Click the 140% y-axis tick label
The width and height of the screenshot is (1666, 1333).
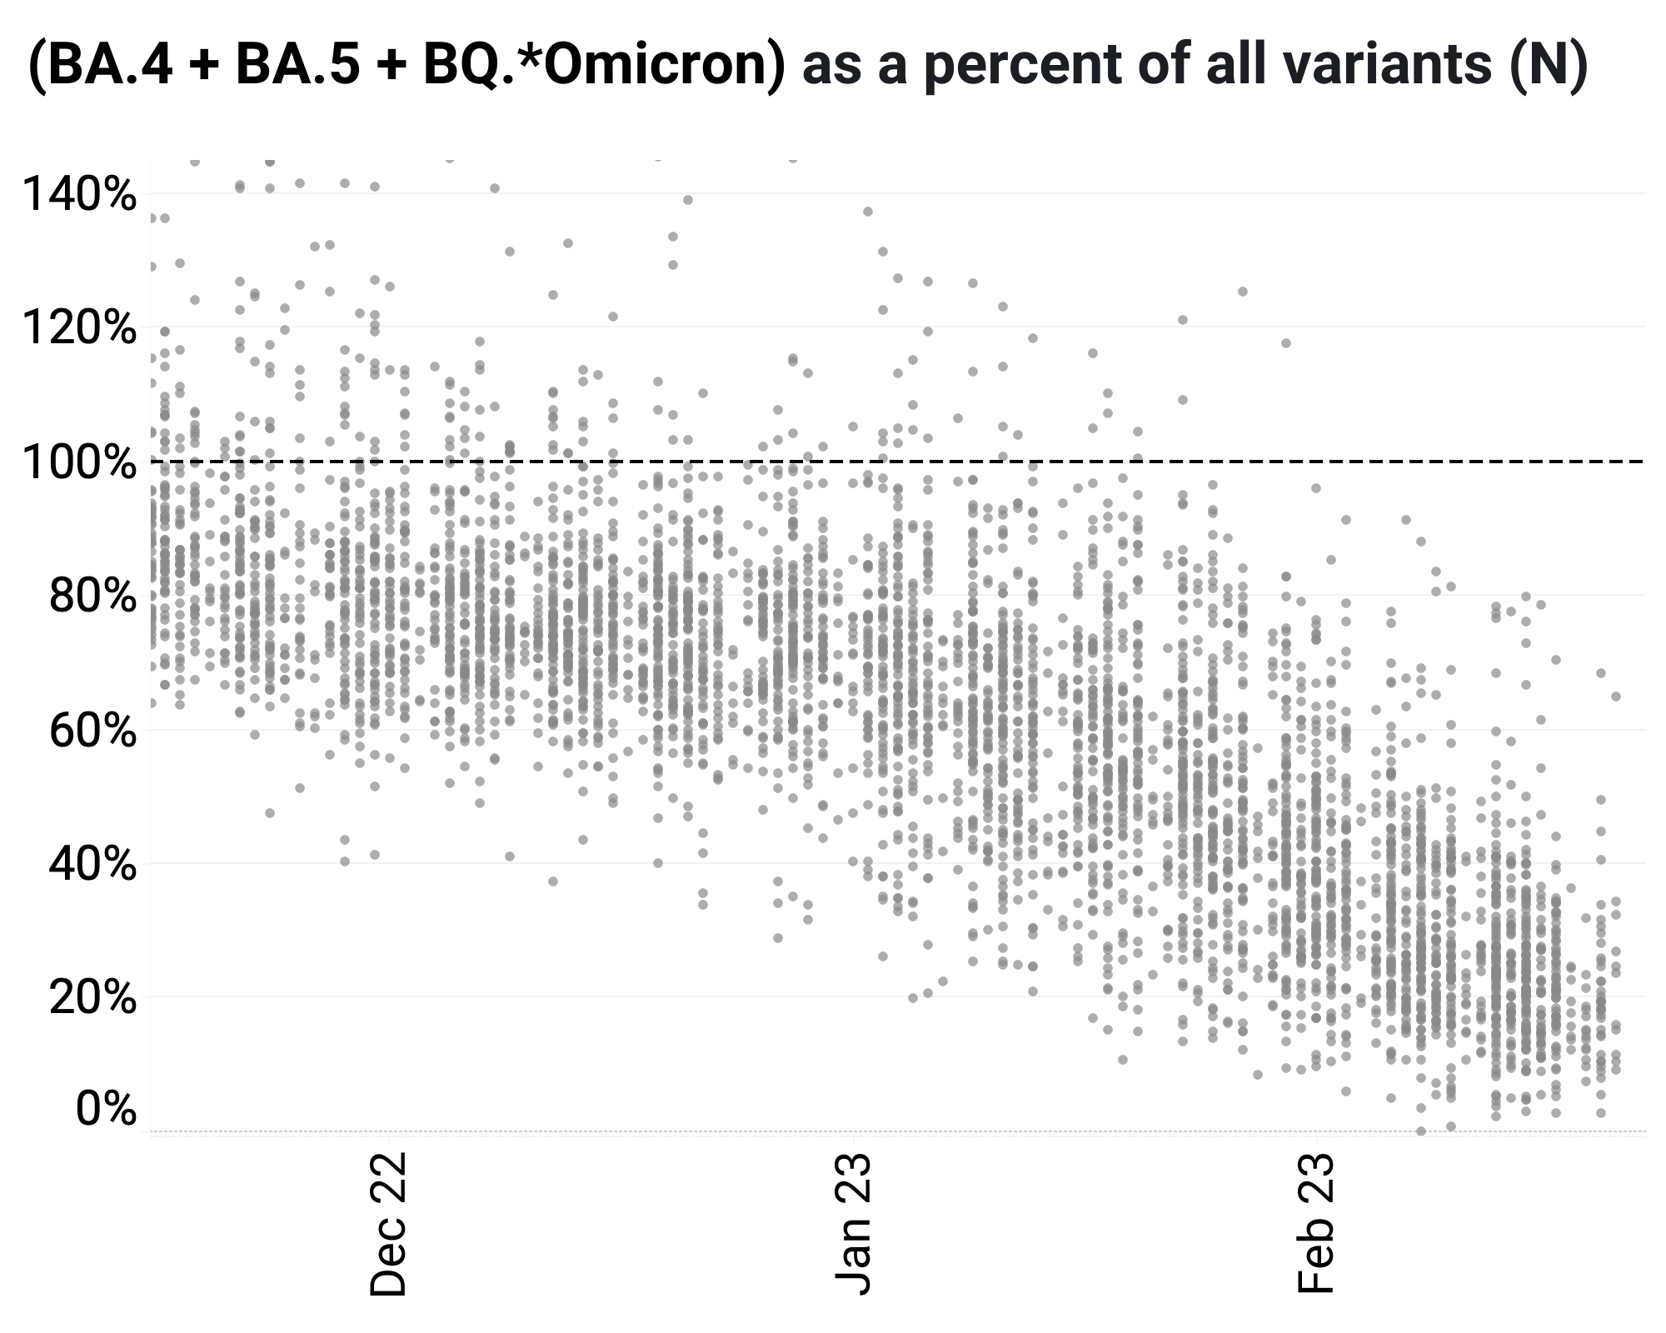[x=78, y=196]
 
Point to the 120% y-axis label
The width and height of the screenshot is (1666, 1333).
[x=78, y=329]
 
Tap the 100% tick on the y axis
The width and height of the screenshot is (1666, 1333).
[x=78, y=463]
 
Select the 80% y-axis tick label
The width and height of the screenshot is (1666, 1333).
[x=92, y=597]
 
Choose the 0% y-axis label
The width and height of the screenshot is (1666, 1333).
[x=106, y=1109]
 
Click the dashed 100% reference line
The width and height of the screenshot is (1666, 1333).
[x=898, y=461]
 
